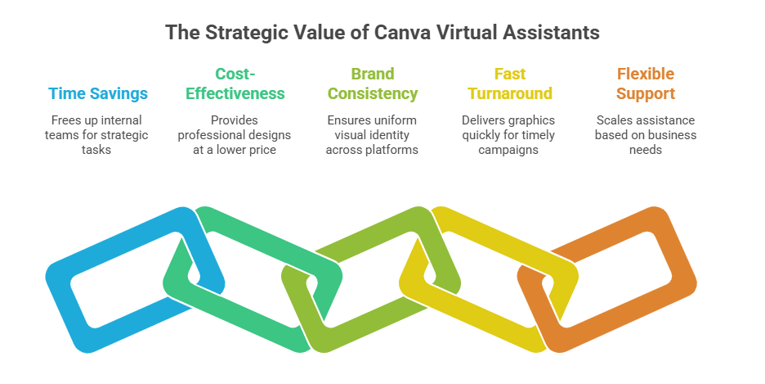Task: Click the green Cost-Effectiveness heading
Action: pos(235,84)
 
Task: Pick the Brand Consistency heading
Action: pos(372,84)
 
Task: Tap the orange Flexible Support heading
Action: pos(646,84)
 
